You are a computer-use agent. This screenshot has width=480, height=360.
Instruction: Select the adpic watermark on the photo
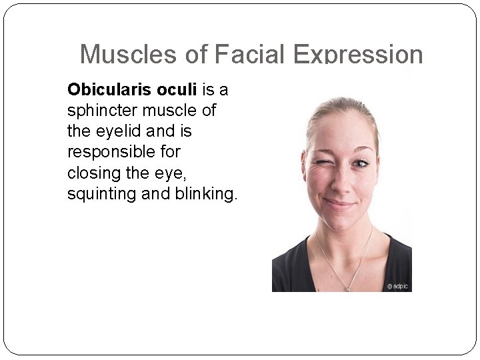coord(397,286)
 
